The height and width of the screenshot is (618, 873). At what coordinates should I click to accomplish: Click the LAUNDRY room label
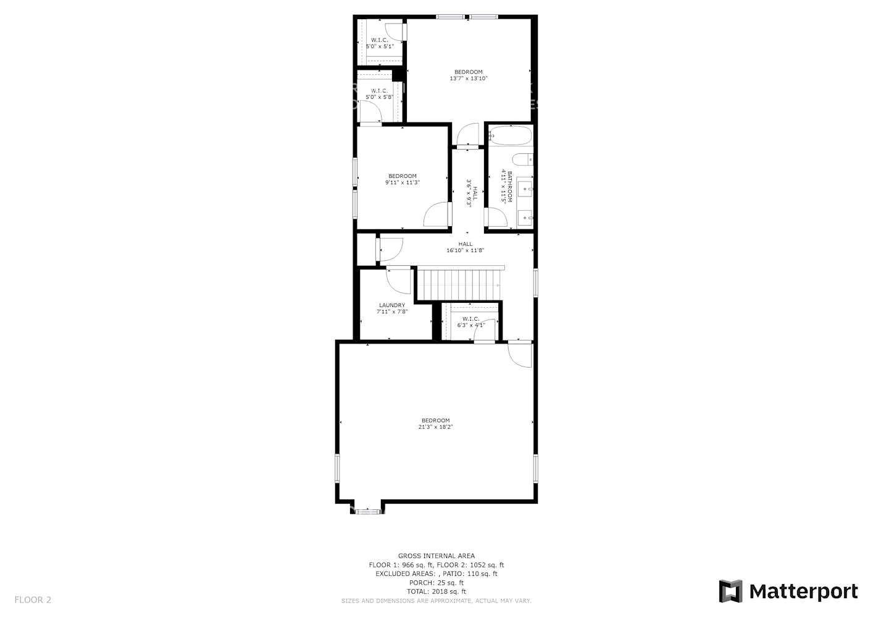392,305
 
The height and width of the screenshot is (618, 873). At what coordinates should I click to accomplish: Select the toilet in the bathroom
522,159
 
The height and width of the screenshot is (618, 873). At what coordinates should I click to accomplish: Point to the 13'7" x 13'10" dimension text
469,78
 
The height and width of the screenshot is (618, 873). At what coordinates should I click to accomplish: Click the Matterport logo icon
731,591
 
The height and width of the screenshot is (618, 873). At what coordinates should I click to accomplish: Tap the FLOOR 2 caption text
33,599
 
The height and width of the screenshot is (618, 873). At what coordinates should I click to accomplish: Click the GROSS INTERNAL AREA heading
436,556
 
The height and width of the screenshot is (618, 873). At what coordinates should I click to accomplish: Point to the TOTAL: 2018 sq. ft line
436,591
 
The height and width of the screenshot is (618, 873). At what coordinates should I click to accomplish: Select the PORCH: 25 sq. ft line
436,583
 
